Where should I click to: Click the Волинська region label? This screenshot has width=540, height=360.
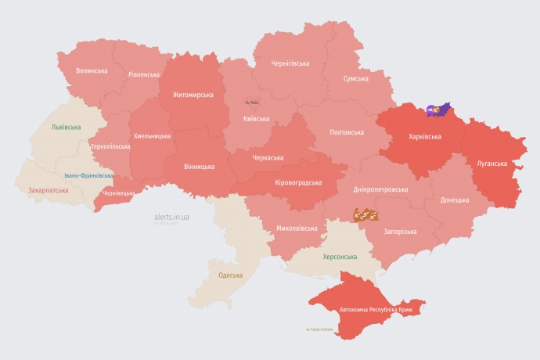coord(92,70)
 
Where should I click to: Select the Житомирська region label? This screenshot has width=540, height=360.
coord(187,95)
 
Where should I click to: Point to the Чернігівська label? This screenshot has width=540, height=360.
coord(290,63)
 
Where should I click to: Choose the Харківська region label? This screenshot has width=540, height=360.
coord(424,136)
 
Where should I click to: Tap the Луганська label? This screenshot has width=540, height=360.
coord(492,164)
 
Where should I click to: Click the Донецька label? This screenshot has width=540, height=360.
coord(455,200)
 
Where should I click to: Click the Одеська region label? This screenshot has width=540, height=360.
coord(230,275)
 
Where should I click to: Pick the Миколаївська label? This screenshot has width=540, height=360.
coord(297,229)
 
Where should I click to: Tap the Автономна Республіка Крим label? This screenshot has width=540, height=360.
coord(375,310)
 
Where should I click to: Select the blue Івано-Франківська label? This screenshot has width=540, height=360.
coord(88,175)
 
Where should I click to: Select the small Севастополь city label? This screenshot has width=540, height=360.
coord(319,329)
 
